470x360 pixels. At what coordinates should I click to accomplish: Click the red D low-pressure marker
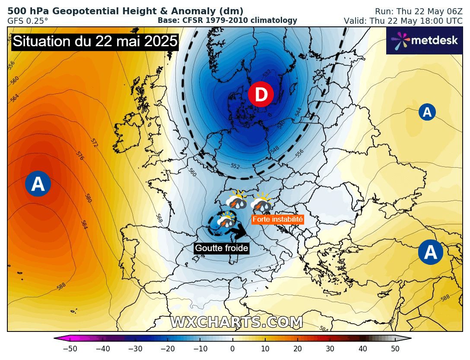(261, 94)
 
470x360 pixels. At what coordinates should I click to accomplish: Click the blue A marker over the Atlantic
(38, 184)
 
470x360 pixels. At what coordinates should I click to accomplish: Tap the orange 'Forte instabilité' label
(278, 220)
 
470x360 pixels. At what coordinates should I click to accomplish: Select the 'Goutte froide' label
(222, 248)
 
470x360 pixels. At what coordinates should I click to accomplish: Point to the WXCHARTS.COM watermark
(236, 322)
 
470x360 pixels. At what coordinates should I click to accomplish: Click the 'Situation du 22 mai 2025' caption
(95, 41)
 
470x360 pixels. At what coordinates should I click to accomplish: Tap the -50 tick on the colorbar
(70, 349)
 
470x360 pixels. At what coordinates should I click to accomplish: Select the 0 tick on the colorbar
(232, 349)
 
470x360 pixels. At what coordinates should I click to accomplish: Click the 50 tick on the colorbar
(394, 349)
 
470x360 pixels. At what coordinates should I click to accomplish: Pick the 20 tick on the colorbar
(297, 349)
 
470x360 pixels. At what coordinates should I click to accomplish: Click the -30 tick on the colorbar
(135, 349)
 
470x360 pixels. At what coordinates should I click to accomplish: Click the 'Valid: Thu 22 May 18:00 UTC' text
(403, 21)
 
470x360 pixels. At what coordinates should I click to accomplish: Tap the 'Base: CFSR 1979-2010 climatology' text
(227, 20)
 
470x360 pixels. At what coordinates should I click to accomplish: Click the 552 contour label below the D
(235, 166)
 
